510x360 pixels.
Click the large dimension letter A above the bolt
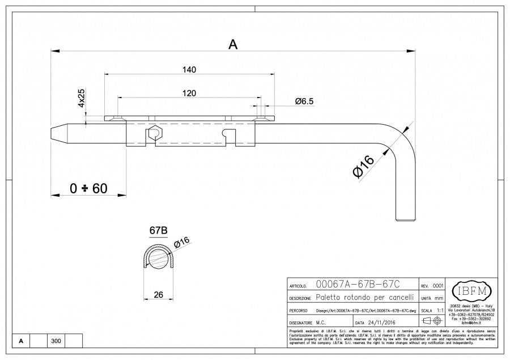(x=232, y=44)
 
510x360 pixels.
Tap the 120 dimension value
(x=189, y=92)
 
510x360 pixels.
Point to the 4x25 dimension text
(x=81, y=98)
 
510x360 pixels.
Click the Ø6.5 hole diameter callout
(x=304, y=101)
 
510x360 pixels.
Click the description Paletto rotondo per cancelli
(x=364, y=298)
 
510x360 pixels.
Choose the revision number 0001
(x=438, y=286)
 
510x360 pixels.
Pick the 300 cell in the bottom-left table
(x=56, y=341)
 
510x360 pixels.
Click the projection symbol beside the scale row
(x=432, y=321)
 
